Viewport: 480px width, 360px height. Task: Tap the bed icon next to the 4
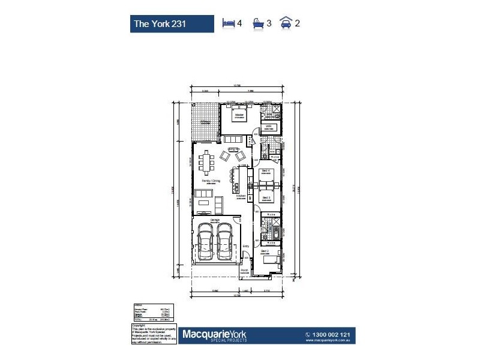[229, 23]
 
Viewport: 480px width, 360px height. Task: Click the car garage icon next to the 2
[286, 23]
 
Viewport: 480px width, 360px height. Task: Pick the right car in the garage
[226, 244]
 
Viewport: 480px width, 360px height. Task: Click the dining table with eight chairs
[208, 161]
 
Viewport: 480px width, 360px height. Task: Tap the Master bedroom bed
[238, 114]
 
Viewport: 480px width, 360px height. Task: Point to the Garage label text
[215, 220]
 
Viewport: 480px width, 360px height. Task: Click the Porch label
[245, 271]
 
